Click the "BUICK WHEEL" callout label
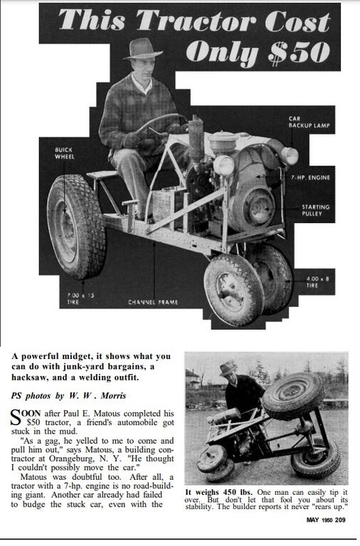(x=64, y=153)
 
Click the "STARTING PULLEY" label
(x=315, y=210)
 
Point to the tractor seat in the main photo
(x=103, y=174)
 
